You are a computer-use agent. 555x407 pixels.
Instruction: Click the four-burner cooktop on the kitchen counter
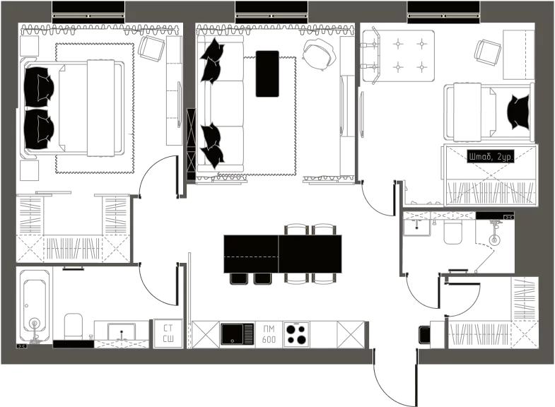296,334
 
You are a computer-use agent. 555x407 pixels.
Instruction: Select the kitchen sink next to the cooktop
237,334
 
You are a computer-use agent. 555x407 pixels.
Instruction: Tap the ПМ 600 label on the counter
269,334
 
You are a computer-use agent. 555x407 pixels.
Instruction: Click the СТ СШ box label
168,334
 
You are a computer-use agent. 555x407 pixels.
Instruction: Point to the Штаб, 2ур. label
490,156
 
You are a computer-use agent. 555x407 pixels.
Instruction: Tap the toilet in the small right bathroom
452,232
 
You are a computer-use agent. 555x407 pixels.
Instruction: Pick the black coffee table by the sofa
267,73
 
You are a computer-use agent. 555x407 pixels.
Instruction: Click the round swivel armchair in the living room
319,54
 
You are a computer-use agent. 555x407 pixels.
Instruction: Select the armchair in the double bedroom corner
151,49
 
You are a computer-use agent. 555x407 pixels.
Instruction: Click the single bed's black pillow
518,112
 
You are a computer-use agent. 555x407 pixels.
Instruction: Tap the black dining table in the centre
283,254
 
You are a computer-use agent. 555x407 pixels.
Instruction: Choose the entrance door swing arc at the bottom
390,389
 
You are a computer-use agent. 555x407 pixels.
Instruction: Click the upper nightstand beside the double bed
29,46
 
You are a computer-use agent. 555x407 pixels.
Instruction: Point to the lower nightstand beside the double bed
29,170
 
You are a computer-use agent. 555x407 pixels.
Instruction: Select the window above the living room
271,12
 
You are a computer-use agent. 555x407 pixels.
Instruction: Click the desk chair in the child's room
488,52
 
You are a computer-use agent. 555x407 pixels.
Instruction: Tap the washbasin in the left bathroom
122,331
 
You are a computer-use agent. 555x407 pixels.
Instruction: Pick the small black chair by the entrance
424,335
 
